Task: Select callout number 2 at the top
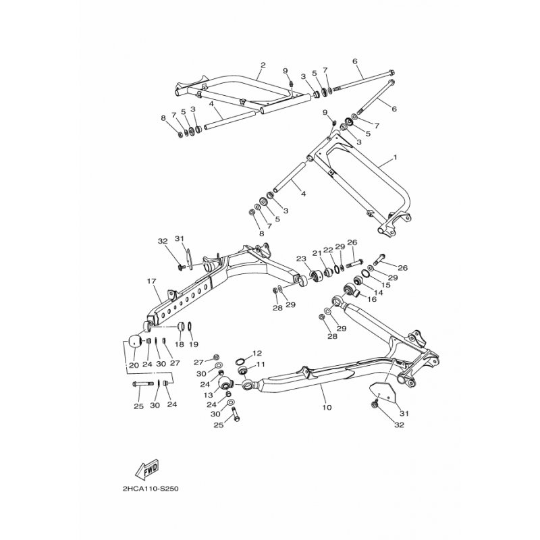262,65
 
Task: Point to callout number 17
152,280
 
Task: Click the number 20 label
133,364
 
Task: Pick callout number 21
315,252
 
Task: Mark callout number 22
327,250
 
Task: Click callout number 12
257,353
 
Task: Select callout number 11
260,364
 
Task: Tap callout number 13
209,395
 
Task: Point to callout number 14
369,292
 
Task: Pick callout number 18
179,344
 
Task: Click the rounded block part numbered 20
134,342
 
